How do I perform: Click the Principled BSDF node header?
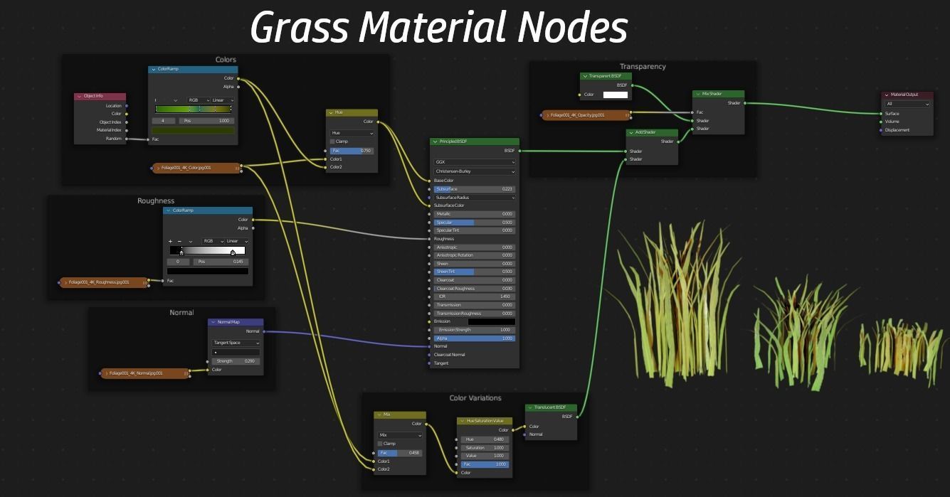pos(474,141)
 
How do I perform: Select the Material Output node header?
pos(907,95)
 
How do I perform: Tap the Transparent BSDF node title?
pos(606,76)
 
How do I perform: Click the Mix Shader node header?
pos(718,94)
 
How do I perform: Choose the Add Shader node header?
pos(651,132)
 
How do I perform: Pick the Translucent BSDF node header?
pos(550,407)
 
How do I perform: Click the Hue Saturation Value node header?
pos(484,421)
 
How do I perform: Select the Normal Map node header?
pos(235,322)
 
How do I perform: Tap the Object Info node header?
pos(100,97)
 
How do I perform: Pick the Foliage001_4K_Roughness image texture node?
pos(103,282)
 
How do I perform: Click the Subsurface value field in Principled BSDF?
pos(475,189)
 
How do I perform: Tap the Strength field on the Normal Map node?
pos(235,361)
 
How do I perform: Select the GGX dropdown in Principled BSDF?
pos(474,162)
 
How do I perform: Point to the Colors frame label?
pos(226,60)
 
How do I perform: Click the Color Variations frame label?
pos(475,398)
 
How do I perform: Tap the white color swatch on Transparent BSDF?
pos(615,95)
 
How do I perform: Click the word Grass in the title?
pos(300,28)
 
